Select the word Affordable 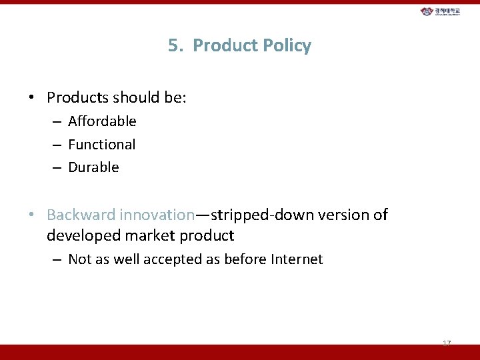[102, 121]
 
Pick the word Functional [101, 145]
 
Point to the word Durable [93, 167]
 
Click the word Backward [81, 215]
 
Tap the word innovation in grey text [157, 215]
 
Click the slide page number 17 [447, 343]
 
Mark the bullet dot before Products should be [31, 98]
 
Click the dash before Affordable [57, 121]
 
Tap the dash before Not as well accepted [57, 259]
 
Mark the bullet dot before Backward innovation [31, 215]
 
